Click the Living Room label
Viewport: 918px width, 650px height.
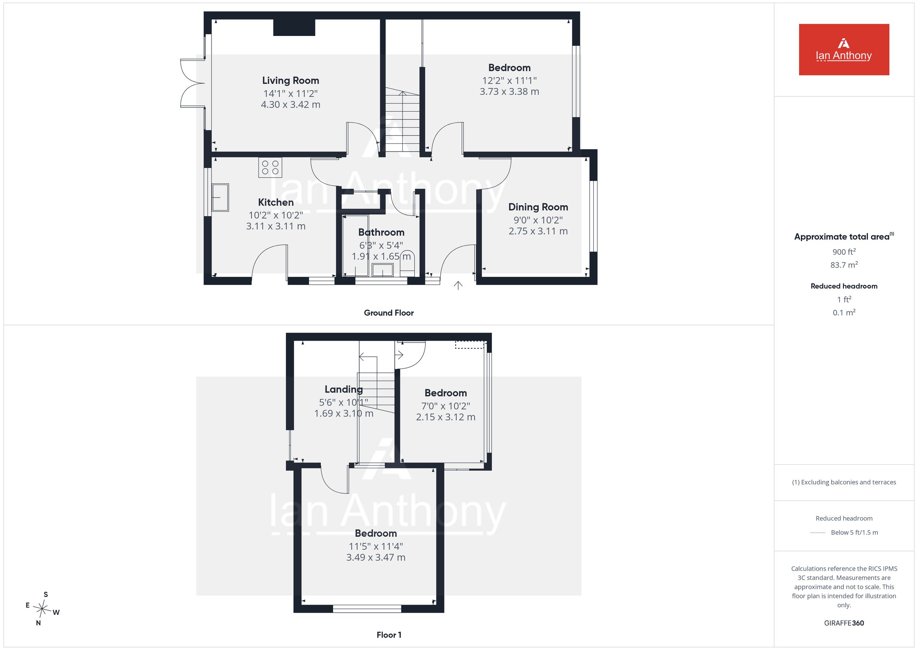tap(290, 80)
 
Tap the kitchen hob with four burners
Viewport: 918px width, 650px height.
tap(270, 168)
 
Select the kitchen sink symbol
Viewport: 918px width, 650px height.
tap(220, 197)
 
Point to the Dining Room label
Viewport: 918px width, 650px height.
tap(538, 207)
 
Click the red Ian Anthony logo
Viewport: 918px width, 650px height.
tap(844, 50)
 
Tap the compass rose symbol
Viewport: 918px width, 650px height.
tap(42, 609)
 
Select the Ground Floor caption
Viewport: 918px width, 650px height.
tap(389, 313)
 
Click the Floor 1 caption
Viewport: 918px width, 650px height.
tap(389, 635)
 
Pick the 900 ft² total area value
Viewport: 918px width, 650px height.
tap(844, 252)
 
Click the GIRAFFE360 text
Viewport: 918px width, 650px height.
tap(844, 623)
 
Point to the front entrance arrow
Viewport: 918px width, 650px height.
tap(458, 285)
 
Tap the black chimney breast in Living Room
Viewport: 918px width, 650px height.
tap(294, 28)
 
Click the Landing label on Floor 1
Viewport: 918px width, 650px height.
tap(343, 389)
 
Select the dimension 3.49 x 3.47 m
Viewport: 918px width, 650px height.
tap(376, 557)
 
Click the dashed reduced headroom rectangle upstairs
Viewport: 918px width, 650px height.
tap(470, 345)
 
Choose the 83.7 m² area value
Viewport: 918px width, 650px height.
tap(844, 265)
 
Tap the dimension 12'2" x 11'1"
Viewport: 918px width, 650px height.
tap(509, 80)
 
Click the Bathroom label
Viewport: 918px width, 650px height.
tap(381, 232)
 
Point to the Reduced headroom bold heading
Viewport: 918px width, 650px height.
tap(844, 286)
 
